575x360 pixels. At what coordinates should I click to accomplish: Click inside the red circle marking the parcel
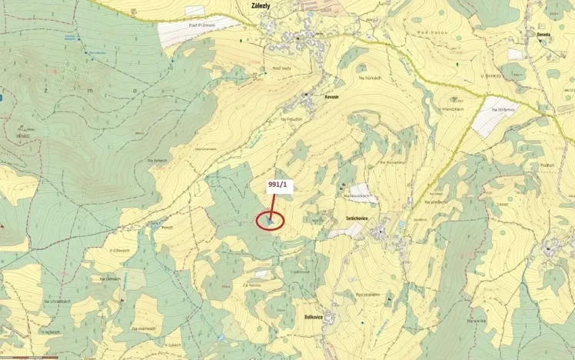[x=269, y=221]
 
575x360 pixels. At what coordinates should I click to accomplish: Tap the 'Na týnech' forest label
[x=158, y=160]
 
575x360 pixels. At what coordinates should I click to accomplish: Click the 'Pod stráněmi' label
[x=369, y=293]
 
